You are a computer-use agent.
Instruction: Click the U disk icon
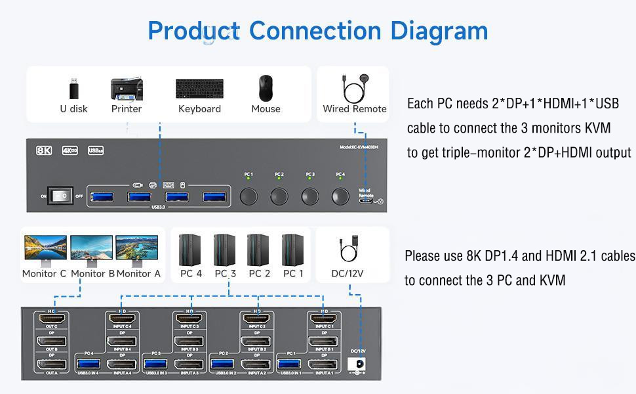pos(73,88)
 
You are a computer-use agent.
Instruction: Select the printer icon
pos(127,89)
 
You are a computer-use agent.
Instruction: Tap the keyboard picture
pos(199,89)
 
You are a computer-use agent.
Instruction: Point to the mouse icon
pos(266,87)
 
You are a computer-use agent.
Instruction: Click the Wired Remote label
pos(354,109)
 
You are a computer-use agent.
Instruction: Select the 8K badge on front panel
pos(44,150)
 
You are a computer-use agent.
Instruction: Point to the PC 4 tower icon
pos(190,249)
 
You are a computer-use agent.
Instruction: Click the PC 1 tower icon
pos(293,249)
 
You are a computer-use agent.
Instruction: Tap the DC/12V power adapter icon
pos(348,249)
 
